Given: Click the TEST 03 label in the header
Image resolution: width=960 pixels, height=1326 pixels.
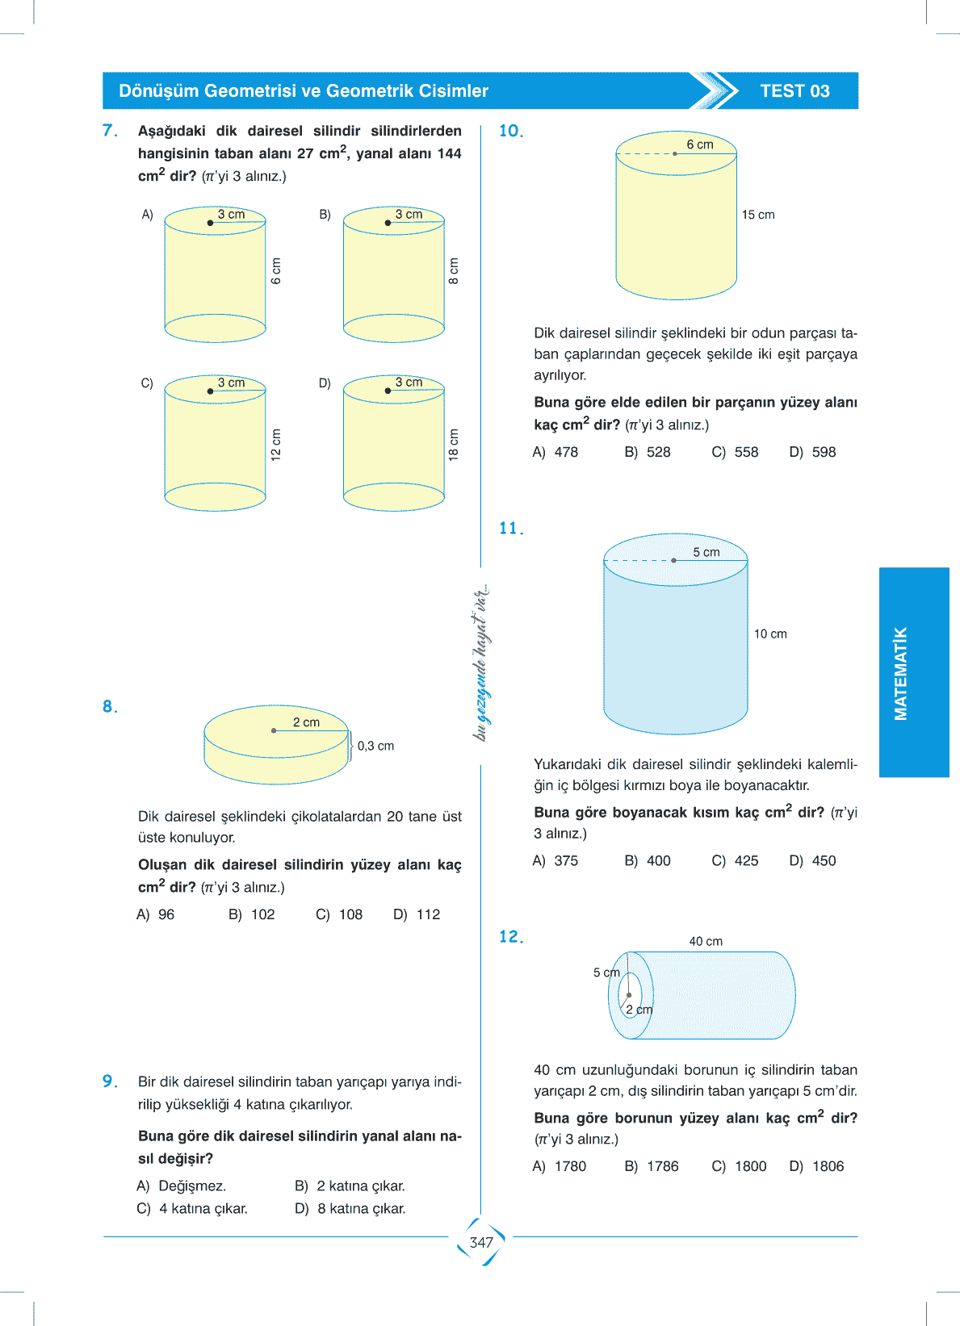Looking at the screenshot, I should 794,91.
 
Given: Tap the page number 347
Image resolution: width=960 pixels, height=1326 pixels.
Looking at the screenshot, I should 481,1242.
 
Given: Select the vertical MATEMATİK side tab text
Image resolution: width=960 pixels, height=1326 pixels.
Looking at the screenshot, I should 901,673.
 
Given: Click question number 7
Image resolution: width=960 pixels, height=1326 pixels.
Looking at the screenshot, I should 110,131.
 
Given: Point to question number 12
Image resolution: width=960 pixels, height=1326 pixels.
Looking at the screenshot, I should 511,937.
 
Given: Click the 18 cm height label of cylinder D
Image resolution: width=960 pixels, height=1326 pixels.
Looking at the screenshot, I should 454,444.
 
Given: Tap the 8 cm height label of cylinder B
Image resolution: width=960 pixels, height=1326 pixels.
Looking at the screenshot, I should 454,271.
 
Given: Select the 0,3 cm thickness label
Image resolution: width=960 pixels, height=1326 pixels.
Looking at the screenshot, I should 375,746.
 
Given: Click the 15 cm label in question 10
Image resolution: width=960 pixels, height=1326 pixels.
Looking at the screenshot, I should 758,215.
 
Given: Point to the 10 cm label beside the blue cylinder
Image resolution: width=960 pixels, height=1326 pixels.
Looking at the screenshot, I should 770,634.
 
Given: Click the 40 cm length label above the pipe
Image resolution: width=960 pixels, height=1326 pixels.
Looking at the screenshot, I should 706,941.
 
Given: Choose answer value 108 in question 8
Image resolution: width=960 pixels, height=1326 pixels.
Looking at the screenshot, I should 350,914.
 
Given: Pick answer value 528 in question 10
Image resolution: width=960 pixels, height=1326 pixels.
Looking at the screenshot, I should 658,452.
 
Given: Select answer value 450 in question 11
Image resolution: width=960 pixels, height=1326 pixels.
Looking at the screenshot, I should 824,860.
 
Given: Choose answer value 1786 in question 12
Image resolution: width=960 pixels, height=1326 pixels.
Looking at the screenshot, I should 662,1166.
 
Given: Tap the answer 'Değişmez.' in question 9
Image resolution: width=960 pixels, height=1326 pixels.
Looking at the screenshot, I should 192,1186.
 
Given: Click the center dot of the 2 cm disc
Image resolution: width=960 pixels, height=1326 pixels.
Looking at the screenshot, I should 274,730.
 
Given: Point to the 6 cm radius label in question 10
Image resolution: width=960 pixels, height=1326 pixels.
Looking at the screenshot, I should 700,144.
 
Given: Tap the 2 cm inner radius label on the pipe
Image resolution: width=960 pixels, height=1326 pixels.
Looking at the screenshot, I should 639,1010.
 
